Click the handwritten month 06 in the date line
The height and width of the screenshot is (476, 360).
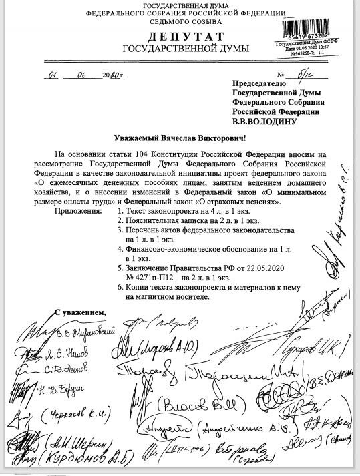[x=85, y=75]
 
